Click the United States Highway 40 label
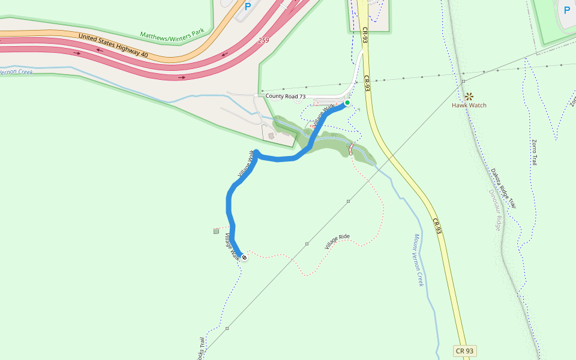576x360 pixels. point(113,46)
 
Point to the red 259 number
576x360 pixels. point(263,40)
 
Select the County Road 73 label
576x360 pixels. point(286,96)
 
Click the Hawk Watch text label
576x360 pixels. point(469,105)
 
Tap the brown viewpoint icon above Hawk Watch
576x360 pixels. point(469,95)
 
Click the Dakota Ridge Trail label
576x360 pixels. point(503,188)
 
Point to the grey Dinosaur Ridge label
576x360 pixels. point(494,210)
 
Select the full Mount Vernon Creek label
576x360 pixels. point(419,260)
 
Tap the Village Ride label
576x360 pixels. point(337,241)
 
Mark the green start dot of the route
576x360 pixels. point(347,103)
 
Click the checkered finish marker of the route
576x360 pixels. point(244,257)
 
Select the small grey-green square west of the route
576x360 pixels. point(216,230)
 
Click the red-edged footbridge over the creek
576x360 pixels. point(351,148)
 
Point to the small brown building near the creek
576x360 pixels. point(271,135)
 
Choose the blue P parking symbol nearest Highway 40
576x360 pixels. point(248,7)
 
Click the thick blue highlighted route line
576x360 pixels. point(229,204)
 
